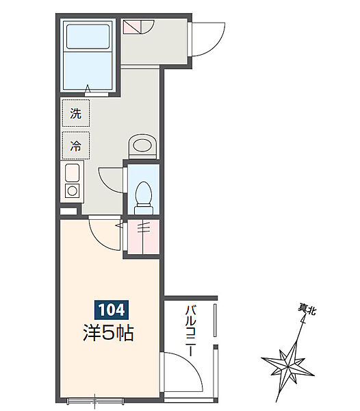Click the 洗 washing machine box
(x=76, y=114)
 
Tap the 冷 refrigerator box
(x=76, y=145)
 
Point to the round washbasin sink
(x=142, y=145)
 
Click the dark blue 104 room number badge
(x=109, y=310)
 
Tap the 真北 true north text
(x=307, y=310)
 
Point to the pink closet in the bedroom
(x=142, y=236)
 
